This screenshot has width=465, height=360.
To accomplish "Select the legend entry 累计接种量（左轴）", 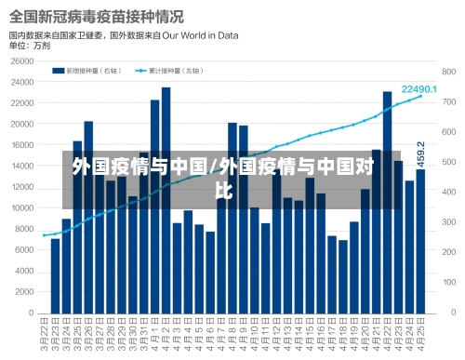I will pos(170,69).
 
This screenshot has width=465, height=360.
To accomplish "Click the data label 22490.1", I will pos(418,88).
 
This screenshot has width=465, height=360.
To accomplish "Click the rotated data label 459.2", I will pos(420,153).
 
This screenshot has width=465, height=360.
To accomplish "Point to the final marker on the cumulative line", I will pos(420,97).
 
